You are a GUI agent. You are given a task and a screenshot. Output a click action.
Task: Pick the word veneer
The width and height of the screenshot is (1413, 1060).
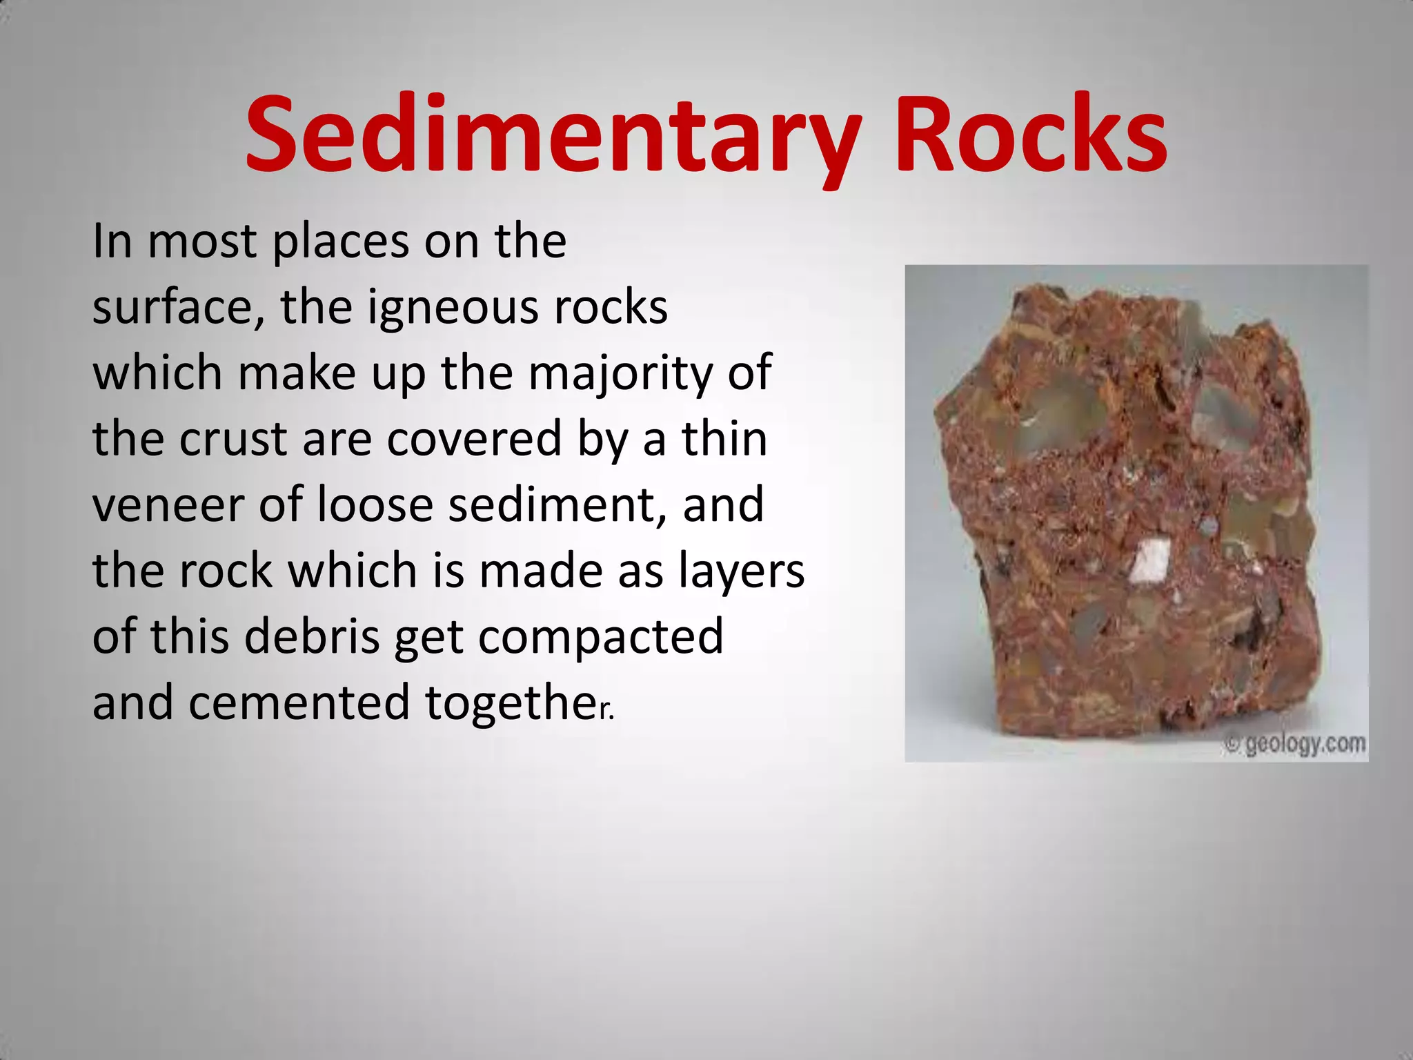(x=168, y=504)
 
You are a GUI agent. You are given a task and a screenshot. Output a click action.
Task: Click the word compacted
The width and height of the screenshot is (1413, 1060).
(x=601, y=638)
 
